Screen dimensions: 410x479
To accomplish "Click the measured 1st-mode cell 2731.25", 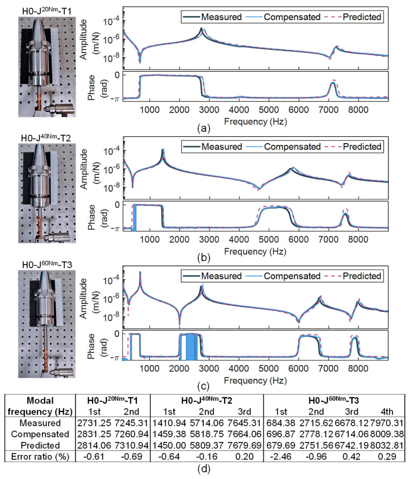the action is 94,423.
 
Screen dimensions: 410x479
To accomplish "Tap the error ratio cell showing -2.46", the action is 281,456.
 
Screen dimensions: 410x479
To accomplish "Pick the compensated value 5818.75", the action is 207,434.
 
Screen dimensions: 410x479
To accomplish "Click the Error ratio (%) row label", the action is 40,456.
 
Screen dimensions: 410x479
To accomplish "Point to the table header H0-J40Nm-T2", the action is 207,400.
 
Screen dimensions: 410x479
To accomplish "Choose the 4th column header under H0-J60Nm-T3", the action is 387,411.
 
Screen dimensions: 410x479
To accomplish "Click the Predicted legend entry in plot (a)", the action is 353,17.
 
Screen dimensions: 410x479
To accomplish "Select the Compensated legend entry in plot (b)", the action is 283,147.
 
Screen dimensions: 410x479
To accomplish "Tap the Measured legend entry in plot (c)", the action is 212,276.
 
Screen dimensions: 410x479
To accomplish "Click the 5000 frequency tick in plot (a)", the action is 269,110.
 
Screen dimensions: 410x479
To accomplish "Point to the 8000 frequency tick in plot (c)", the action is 358,369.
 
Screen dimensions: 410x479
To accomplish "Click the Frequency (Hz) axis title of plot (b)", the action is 255,251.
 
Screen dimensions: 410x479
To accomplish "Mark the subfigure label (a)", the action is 204,128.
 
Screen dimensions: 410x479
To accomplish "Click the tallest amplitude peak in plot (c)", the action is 140,272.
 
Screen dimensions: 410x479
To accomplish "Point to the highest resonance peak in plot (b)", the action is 163,149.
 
